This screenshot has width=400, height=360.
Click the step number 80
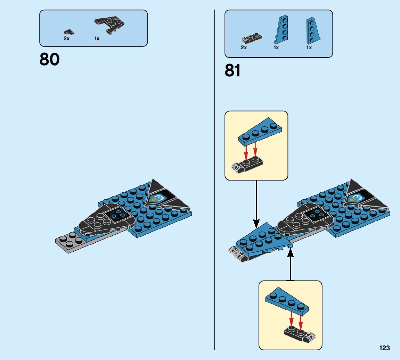pyautogui.click(x=50, y=59)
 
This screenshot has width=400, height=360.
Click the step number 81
pyautogui.click(x=232, y=71)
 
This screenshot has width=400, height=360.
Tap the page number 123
pyautogui.click(x=385, y=348)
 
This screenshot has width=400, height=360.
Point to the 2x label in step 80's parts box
pyautogui.click(x=66, y=39)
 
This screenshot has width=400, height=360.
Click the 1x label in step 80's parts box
pyautogui.click(x=97, y=39)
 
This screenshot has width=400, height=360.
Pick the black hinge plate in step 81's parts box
pyautogui.click(x=251, y=37)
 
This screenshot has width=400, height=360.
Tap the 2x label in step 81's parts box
pyautogui.click(x=244, y=48)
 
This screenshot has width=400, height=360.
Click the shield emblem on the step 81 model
pyautogui.click(x=356, y=198)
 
